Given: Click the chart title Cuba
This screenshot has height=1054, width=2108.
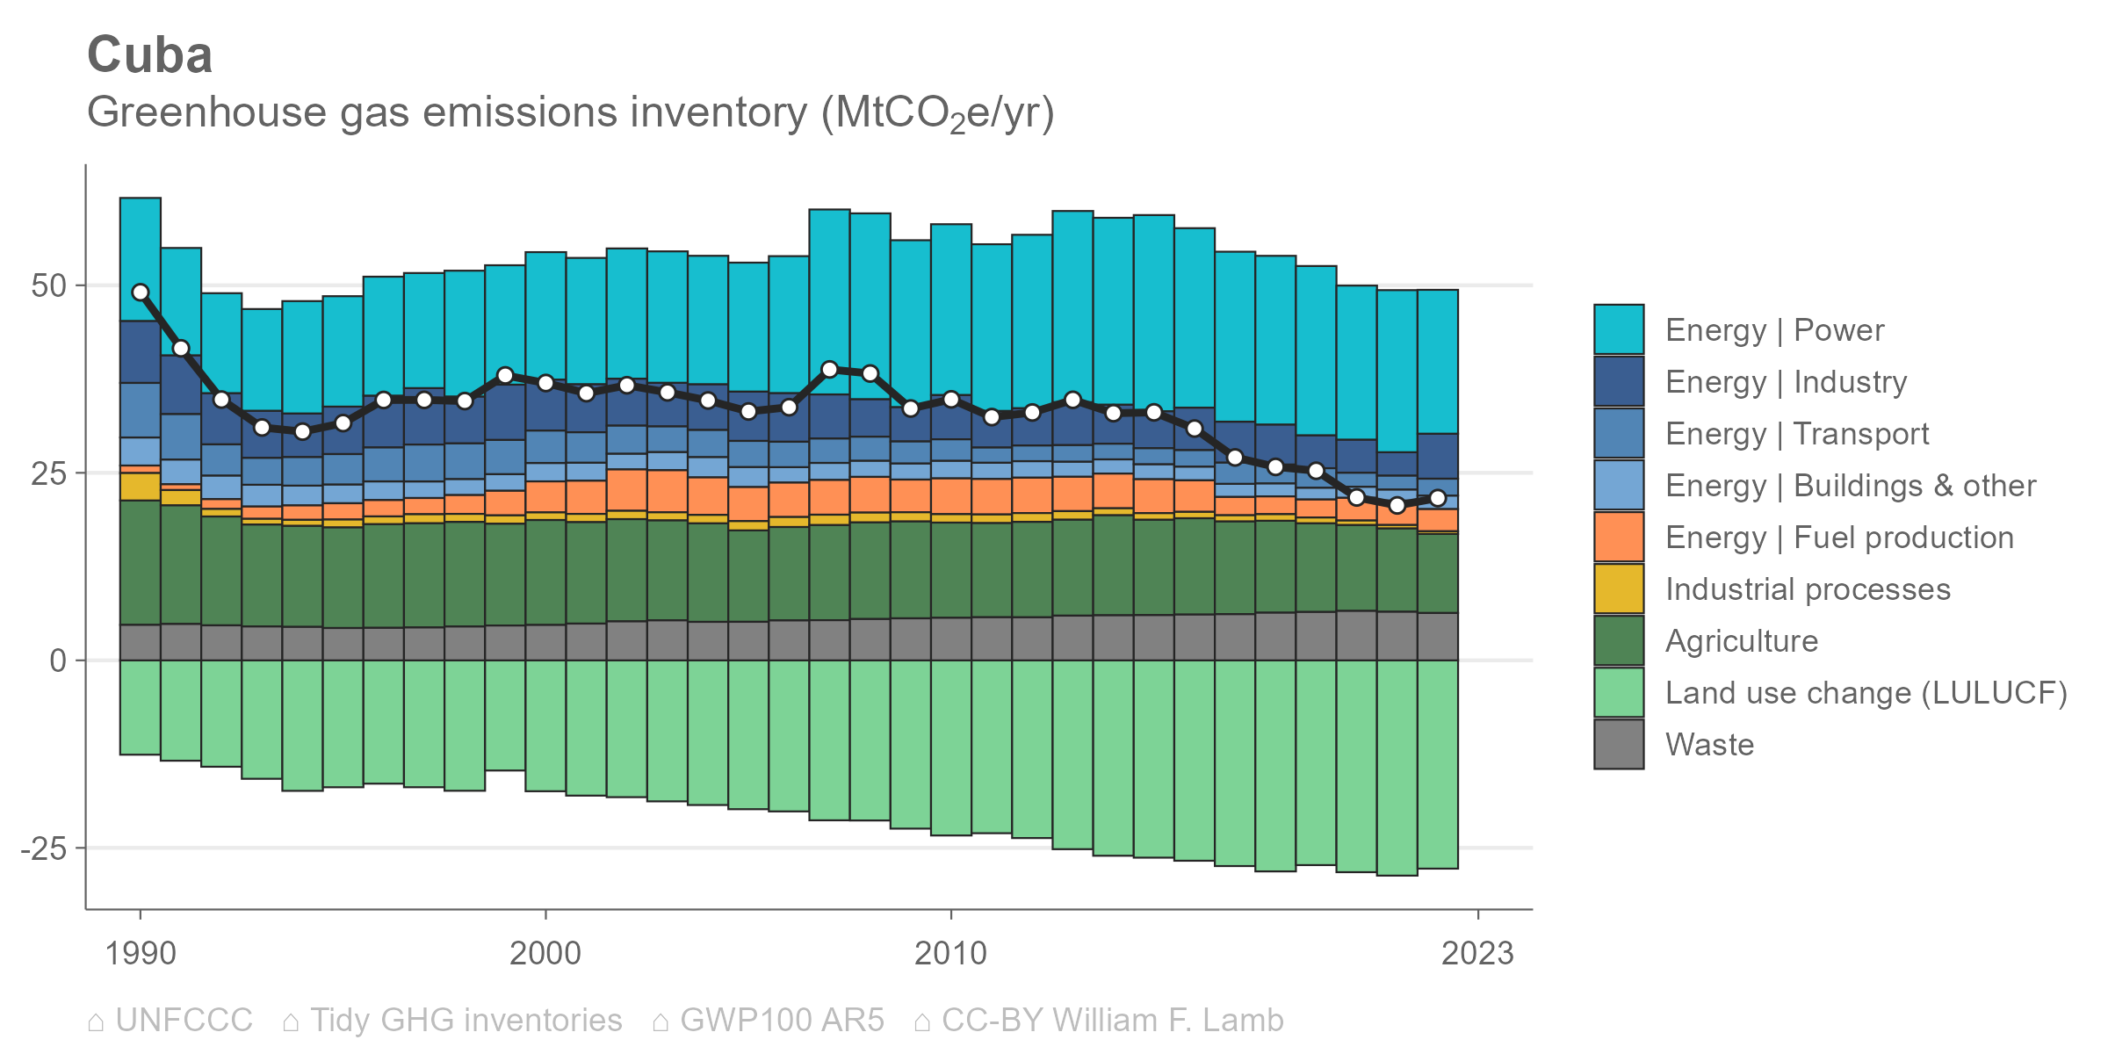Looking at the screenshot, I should click(x=150, y=55).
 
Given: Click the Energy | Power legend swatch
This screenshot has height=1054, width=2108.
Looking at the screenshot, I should click(x=1618, y=329).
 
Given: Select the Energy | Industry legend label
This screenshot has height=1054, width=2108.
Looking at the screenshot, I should click(x=1786, y=382).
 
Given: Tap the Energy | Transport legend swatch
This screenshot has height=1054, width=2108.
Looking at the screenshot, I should click(x=1618, y=433).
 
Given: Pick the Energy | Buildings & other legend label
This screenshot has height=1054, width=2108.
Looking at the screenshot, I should click(x=1850, y=486).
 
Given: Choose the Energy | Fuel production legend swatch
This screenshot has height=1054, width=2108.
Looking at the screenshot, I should click(x=1618, y=537).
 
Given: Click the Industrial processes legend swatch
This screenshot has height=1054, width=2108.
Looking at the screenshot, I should click(x=1618, y=588).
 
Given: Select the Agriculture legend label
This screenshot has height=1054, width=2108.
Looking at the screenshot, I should click(x=1741, y=641).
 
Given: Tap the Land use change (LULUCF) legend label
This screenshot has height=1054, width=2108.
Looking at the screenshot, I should click(x=1866, y=693).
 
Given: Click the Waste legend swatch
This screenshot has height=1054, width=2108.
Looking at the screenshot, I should click(x=1618, y=744).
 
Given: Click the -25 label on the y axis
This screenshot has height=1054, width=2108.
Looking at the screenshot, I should click(x=44, y=848).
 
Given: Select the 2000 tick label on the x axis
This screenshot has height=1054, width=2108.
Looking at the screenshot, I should click(x=545, y=953).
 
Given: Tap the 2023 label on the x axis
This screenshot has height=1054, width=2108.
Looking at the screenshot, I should click(x=1477, y=953).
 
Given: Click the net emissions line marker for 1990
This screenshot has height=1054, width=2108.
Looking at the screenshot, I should click(x=141, y=292).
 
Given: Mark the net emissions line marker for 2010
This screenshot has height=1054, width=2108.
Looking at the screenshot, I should click(x=951, y=400).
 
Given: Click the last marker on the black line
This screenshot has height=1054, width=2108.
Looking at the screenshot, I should click(x=1438, y=498).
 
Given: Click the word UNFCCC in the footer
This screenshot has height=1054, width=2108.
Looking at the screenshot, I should click(x=184, y=1020).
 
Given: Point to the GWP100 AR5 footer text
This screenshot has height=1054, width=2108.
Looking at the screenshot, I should click(x=781, y=1020).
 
